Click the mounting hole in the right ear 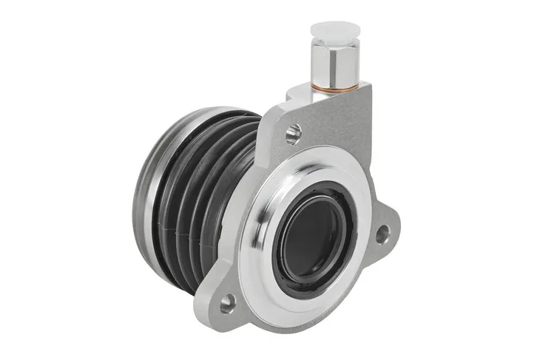tap(382, 235)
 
